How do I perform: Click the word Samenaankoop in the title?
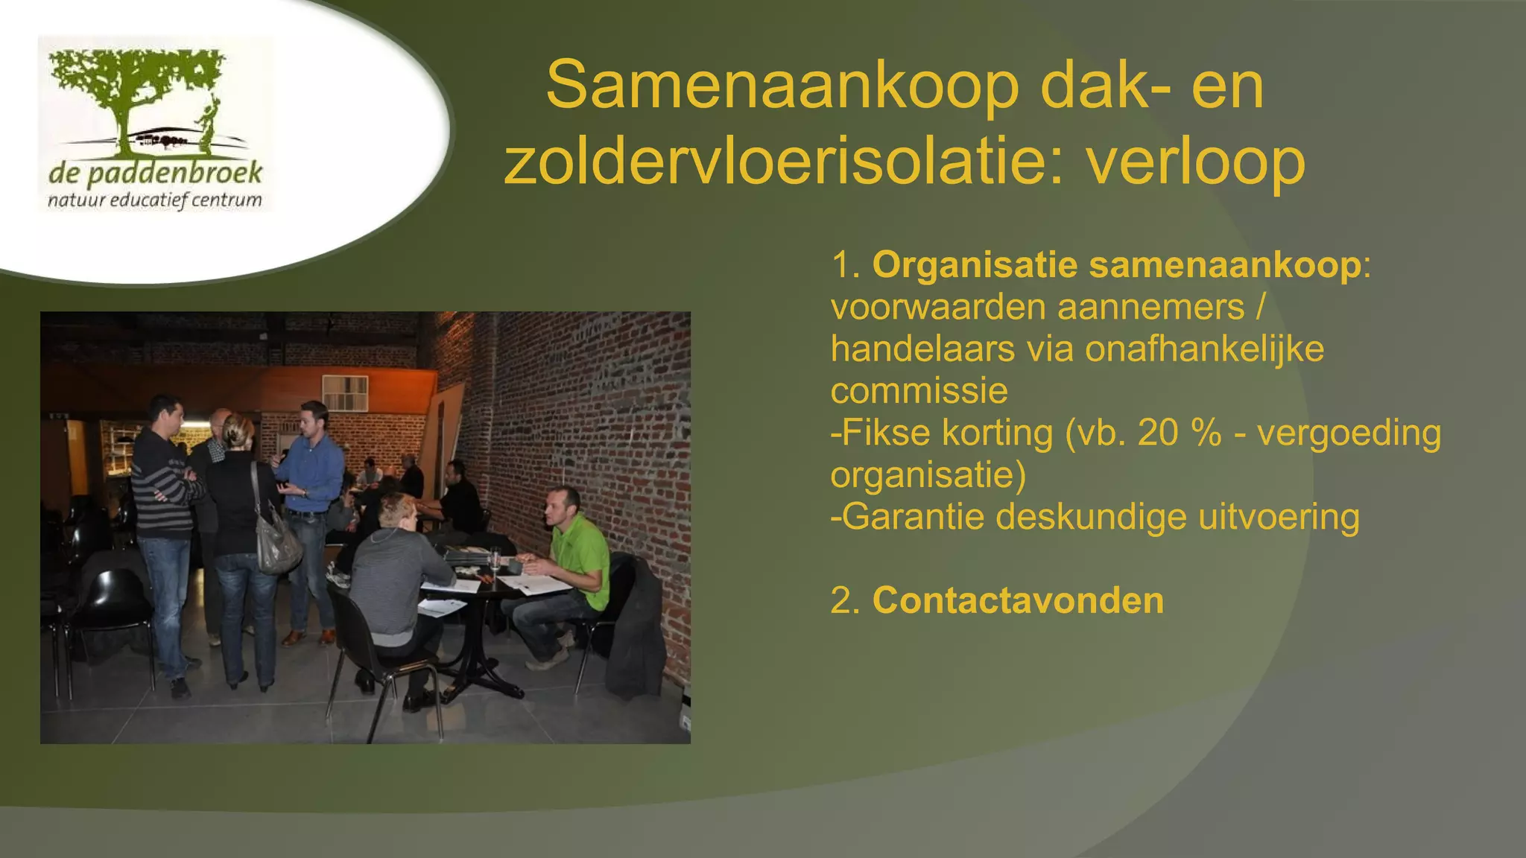click(x=782, y=86)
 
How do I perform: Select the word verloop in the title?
click(x=1196, y=162)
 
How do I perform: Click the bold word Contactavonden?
click(x=1018, y=600)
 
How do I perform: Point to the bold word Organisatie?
click(x=975, y=265)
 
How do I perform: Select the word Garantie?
click(x=914, y=517)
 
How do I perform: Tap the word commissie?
click(x=919, y=391)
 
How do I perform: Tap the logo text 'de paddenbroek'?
click(x=155, y=174)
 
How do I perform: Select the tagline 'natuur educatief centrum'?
click(x=155, y=200)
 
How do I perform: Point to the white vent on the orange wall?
click(x=345, y=393)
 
